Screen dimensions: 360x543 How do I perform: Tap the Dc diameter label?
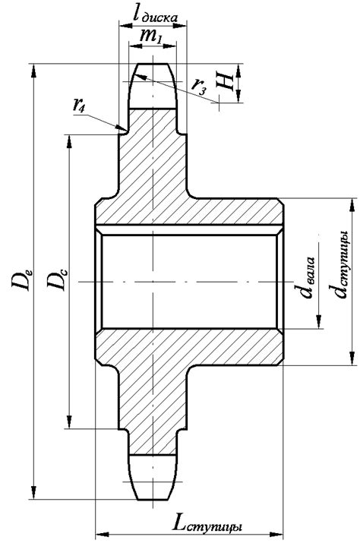56,279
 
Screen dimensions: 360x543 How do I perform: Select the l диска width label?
155,15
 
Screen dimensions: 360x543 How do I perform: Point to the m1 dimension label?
150,36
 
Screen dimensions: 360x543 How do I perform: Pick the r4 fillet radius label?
79,104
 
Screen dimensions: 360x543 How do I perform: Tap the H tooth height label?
225,83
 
